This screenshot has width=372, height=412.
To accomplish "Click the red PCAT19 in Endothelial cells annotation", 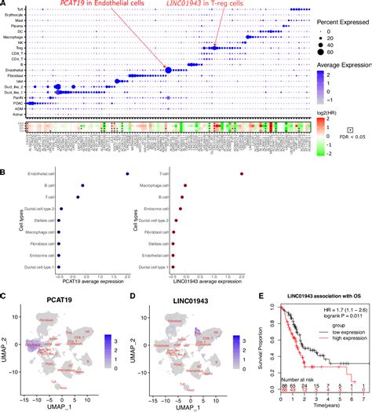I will (95, 6).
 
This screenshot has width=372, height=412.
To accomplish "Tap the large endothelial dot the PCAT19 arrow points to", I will (169, 71).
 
